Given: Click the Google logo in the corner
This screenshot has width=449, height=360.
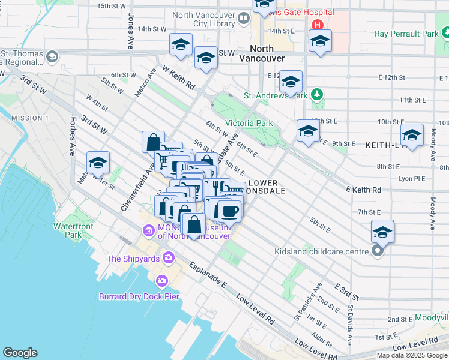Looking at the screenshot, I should tap(20, 353).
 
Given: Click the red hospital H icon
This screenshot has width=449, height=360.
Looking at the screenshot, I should tap(317, 25).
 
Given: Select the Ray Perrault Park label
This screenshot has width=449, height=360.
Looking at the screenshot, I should tap(406, 34).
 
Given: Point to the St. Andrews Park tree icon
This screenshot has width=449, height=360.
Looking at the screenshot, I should tap(318, 95).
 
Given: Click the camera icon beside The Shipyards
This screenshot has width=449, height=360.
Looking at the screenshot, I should tap(168, 259).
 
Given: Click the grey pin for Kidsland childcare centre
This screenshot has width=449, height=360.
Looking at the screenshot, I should tap(378, 251).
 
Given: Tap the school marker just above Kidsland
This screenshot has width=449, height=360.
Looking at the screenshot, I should tap(382, 231).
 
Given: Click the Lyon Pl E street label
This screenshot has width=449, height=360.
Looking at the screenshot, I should tap(411, 178).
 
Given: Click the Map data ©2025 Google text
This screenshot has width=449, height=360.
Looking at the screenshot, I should tap(411, 355).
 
